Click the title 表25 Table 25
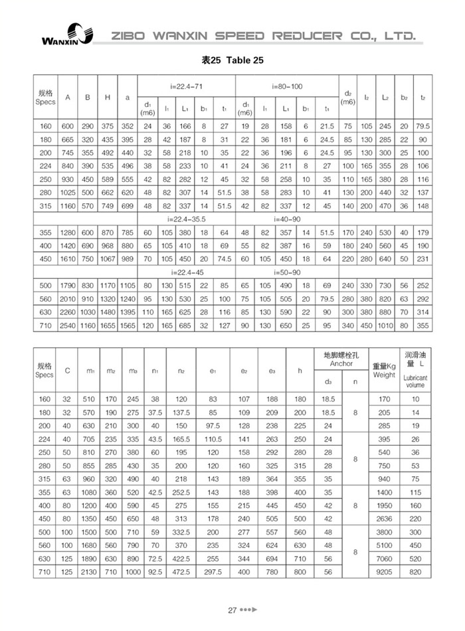232,60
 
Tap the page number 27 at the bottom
232,610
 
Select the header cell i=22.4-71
187,87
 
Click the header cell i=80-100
287,87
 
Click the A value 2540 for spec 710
67,327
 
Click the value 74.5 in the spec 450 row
225,259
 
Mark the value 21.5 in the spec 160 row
327,126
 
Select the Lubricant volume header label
416,381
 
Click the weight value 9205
384,571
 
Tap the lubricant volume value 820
416,571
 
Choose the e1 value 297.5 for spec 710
213,571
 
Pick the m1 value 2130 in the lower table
90,571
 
